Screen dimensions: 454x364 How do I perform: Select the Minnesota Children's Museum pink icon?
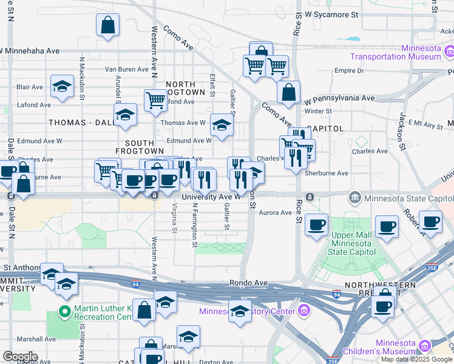(424, 346)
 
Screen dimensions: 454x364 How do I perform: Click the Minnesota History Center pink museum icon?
(304, 312)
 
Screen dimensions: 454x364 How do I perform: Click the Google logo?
(19, 357)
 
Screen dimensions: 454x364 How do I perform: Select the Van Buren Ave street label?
(127, 69)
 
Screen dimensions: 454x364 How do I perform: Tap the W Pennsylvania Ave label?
(339, 98)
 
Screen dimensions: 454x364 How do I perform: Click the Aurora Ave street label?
(276, 213)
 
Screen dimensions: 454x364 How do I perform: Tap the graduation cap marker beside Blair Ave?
(62, 86)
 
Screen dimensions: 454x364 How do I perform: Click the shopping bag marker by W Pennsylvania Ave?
(289, 92)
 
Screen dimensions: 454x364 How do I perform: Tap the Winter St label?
(318, 111)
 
